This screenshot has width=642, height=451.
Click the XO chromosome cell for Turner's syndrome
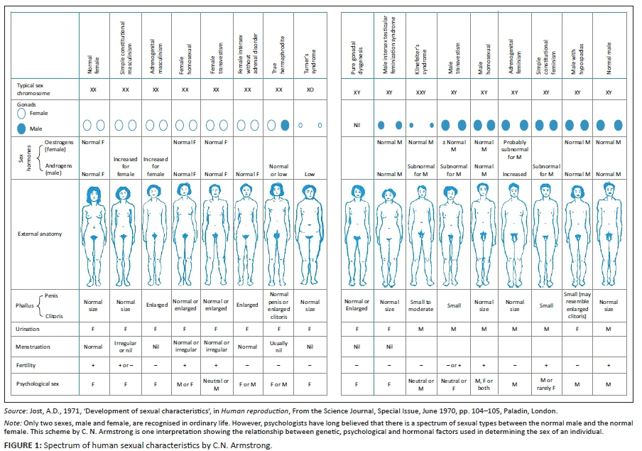click(309, 89)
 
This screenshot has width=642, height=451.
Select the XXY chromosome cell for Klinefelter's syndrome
click(421, 92)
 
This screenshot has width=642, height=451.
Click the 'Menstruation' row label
click(36, 346)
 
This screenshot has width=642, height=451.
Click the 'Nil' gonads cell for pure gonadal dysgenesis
click(358, 125)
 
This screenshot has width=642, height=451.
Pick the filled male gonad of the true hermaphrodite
click(285, 125)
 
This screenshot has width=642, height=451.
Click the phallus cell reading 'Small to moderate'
click(421, 305)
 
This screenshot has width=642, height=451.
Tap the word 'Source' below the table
click(15, 411)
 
